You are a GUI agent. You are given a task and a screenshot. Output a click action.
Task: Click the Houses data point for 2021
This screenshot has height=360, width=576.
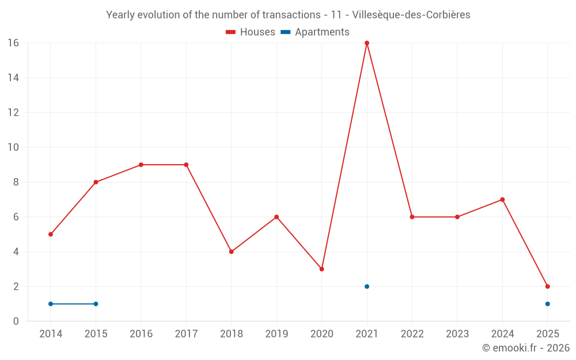click(367, 43)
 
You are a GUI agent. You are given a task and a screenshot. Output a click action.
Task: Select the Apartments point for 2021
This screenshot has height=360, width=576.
click(367, 286)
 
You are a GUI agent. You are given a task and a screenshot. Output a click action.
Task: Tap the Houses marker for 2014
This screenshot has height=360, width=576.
click(51, 234)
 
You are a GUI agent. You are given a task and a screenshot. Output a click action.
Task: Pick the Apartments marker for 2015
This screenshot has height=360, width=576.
click(96, 304)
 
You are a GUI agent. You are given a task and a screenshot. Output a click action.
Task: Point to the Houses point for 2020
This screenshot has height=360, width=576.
click(321, 269)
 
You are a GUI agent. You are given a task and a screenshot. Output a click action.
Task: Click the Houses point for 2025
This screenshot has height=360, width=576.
click(547, 286)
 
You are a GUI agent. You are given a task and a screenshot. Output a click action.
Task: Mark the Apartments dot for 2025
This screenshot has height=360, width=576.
click(547, 304)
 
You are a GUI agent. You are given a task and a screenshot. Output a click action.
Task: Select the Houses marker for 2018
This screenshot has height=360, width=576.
click(231, 252)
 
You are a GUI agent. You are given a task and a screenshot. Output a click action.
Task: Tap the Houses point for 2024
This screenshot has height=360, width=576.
click(502, 199)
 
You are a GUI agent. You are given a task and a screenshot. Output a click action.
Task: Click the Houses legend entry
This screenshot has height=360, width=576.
click(251, 32)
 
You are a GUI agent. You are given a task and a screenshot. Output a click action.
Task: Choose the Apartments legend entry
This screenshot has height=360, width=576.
click(315, 32)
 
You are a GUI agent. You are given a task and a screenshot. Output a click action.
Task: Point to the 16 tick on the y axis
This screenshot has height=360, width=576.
click(13, 43)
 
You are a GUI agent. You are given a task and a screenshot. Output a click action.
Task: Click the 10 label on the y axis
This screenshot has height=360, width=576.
click(13, 147)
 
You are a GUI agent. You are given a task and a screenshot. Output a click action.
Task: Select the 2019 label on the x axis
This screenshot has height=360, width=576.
click(276, 334)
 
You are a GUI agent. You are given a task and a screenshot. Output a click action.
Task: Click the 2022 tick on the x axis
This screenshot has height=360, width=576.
click(412, 334)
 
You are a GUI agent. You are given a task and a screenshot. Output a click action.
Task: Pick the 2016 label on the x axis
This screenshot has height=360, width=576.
click(141, 334)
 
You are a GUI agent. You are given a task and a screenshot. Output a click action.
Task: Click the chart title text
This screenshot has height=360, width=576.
click(288, 15)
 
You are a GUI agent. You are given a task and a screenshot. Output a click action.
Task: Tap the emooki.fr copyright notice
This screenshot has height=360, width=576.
click(526, 348)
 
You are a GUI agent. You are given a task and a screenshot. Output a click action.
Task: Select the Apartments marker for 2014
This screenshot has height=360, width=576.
click(51, 304)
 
